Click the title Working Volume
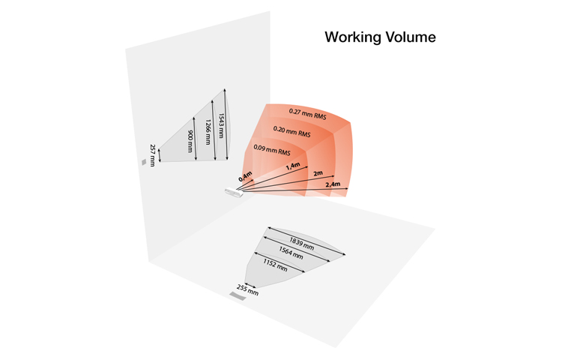pyautogui.click(x=379, y=36)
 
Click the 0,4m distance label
pyautogui.click(x=245, y=178)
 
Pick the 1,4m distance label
pyautogui.click(x=293, y=166)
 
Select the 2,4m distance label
pyautogui.click(x=332, y=184)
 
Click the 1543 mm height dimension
pyautogui.click(x=219, y=124)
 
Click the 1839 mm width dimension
pyautogui.click(x=300, y=241)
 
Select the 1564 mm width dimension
pyautogui.click(x=289, y=253)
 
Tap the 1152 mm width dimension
pyautogui.click(x=275, y=264)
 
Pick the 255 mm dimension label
pyautogui.click(x=247, y=289)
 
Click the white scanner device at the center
pyautogui.click(x=233, y=192)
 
